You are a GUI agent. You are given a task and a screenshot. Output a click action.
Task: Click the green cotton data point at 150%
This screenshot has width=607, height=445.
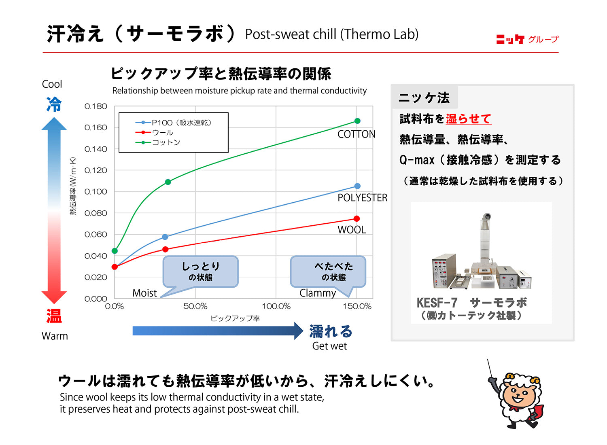pos(357,121)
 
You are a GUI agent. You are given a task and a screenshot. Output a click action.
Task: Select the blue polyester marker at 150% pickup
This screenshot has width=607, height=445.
pos(357,186)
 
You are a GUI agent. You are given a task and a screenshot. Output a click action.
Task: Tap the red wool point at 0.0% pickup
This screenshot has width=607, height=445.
pos(115,267)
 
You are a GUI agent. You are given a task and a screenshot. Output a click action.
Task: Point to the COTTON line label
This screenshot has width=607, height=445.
pos(357,134)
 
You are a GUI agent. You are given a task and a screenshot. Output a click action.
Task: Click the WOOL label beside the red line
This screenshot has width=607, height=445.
pos(352,230)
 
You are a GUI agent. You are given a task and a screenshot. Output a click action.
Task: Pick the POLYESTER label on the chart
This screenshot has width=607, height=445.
pos(362,198)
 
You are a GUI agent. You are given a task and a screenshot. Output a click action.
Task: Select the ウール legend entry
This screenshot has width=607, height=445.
pos(154,132)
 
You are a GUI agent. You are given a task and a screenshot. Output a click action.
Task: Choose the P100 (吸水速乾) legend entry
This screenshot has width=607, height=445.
pos(174,123)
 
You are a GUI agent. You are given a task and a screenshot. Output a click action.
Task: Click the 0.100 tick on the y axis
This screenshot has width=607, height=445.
pos(96,192)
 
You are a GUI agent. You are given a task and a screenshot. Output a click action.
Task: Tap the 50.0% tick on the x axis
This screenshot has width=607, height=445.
pos(195,306)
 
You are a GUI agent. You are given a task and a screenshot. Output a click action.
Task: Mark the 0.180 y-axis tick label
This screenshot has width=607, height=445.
pos(96,106)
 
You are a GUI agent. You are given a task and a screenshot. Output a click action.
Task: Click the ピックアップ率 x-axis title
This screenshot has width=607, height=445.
pos(235,318)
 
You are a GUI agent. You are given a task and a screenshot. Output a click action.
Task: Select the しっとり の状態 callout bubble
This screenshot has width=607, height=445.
pos(201,272)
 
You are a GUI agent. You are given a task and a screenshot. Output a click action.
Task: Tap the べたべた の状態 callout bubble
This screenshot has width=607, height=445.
pos(328,272)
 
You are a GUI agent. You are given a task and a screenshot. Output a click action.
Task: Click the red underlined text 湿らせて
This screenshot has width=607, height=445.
pos(469,119)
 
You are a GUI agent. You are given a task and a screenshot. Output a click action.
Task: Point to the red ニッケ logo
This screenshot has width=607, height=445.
pos(510,39)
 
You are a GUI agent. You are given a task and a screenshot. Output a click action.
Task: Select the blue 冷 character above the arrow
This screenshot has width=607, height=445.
pos(54,104)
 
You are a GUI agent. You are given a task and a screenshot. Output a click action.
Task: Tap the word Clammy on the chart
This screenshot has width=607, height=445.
pos(318,293)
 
